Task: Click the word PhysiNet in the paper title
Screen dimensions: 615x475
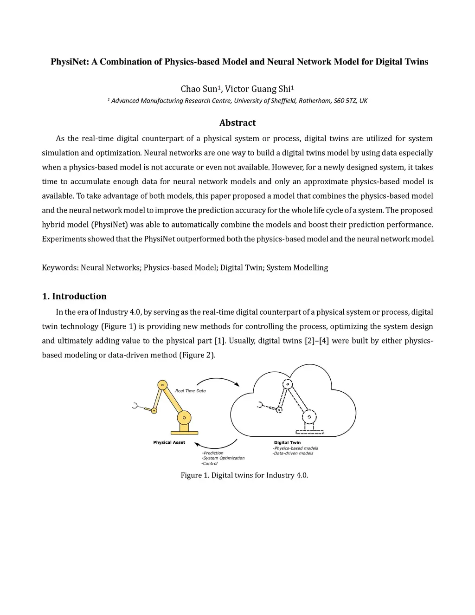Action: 70,62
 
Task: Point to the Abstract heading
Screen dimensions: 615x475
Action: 237,123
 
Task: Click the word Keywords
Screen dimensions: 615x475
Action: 59,268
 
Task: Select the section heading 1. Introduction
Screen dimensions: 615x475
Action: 74,296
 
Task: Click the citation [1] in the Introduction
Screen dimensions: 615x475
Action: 219,341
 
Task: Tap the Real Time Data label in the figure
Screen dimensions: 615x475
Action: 190,391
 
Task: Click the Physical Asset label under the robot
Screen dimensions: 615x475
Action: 169,442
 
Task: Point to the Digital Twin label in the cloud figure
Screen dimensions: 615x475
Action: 287,442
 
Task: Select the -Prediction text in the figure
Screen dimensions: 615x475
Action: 212,453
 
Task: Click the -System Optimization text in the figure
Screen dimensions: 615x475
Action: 223,458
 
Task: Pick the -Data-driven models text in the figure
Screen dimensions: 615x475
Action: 293,453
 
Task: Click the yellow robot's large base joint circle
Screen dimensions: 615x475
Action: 184,418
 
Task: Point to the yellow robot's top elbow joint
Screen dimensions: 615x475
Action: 162,384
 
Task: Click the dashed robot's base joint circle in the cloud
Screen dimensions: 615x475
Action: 309,417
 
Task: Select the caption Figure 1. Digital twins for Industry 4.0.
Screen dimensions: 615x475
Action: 244,475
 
